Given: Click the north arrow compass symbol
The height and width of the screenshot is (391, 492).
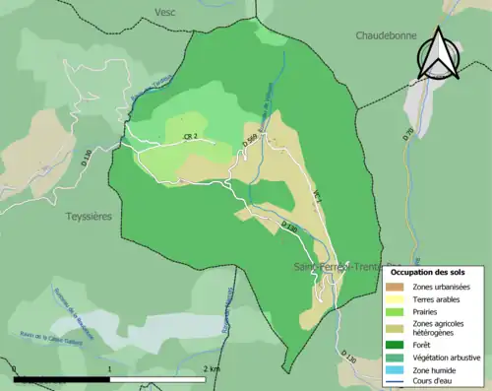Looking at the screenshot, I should [x=438, y=54].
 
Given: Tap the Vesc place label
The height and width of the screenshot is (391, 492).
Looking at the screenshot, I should [x=165, y=11].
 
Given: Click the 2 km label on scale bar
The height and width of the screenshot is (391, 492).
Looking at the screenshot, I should [x=211, y=369].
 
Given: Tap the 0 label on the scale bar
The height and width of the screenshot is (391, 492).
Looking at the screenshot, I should [x=16, y=369].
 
